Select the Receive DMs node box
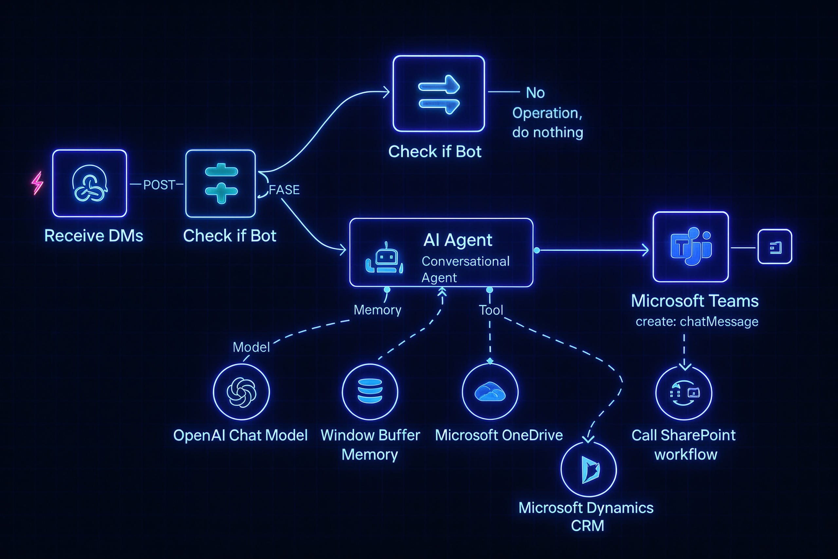(x=89, y=183)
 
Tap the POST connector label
(x=158, y=185)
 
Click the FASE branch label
(x=284, y=190)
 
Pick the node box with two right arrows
(x=439, y=94)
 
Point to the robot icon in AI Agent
(x=384, y=259)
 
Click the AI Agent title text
(x=458, y=240)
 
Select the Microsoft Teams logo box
(x=690, y=247)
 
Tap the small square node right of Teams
(x=774, y=247)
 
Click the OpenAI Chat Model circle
(x=241, y=392)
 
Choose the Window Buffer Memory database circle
(x=370, y=391)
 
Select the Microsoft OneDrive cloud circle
(x=490, y=391)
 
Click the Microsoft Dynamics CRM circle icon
(x=589, y=469)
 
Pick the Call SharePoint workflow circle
(x=684, y=393)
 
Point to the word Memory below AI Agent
(x=377, y=310)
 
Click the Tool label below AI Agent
(x=491, y=310)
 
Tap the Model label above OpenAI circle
(x=251, y=347)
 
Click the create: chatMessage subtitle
(x=697, y=322)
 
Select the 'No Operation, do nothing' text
(x=547, y=113)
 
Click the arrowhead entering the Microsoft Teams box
(x=645, y=250)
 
